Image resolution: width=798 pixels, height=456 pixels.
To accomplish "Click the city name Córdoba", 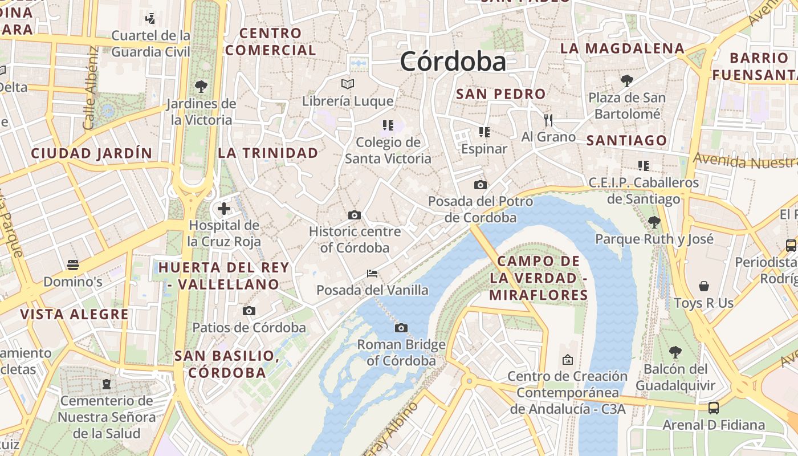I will coord(453,62).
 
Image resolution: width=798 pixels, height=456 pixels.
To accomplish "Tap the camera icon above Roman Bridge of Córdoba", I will coord(401,328).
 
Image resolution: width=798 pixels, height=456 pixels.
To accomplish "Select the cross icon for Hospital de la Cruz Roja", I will coord(224,209).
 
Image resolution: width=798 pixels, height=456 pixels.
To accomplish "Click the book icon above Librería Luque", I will coord(348,84).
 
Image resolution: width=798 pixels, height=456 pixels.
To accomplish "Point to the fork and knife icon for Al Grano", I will coord(548,120).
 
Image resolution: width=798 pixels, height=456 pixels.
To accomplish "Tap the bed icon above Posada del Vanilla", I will coord(372,274).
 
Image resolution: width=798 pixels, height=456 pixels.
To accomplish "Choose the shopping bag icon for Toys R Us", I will coord(704,286).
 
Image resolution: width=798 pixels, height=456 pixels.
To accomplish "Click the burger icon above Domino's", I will coord(72,264).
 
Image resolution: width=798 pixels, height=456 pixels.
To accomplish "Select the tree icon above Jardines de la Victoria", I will coord(201,87).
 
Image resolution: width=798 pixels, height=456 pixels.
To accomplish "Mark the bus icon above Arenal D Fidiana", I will coord(713,408).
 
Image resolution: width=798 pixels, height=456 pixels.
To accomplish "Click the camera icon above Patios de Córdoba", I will coord(249,311).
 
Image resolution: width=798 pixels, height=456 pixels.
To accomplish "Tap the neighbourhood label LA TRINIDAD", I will coord(268,153).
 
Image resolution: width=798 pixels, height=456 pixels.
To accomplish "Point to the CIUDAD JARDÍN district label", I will coord(92,153).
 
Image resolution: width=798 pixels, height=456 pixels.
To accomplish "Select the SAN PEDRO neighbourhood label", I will coord(501,94).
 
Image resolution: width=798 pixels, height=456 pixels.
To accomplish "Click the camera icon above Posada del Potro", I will coord(481,185).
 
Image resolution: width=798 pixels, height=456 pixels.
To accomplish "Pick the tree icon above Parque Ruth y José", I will coord(654,222).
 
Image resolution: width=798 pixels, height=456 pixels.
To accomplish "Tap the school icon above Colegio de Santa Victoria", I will coord(388,125).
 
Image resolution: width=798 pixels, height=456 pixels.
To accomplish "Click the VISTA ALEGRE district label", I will coord(74,315).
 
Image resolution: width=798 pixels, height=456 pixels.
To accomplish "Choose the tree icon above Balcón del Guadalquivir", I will coord(675,352).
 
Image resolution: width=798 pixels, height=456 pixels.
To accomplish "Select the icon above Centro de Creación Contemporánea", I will coord(567,360).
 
